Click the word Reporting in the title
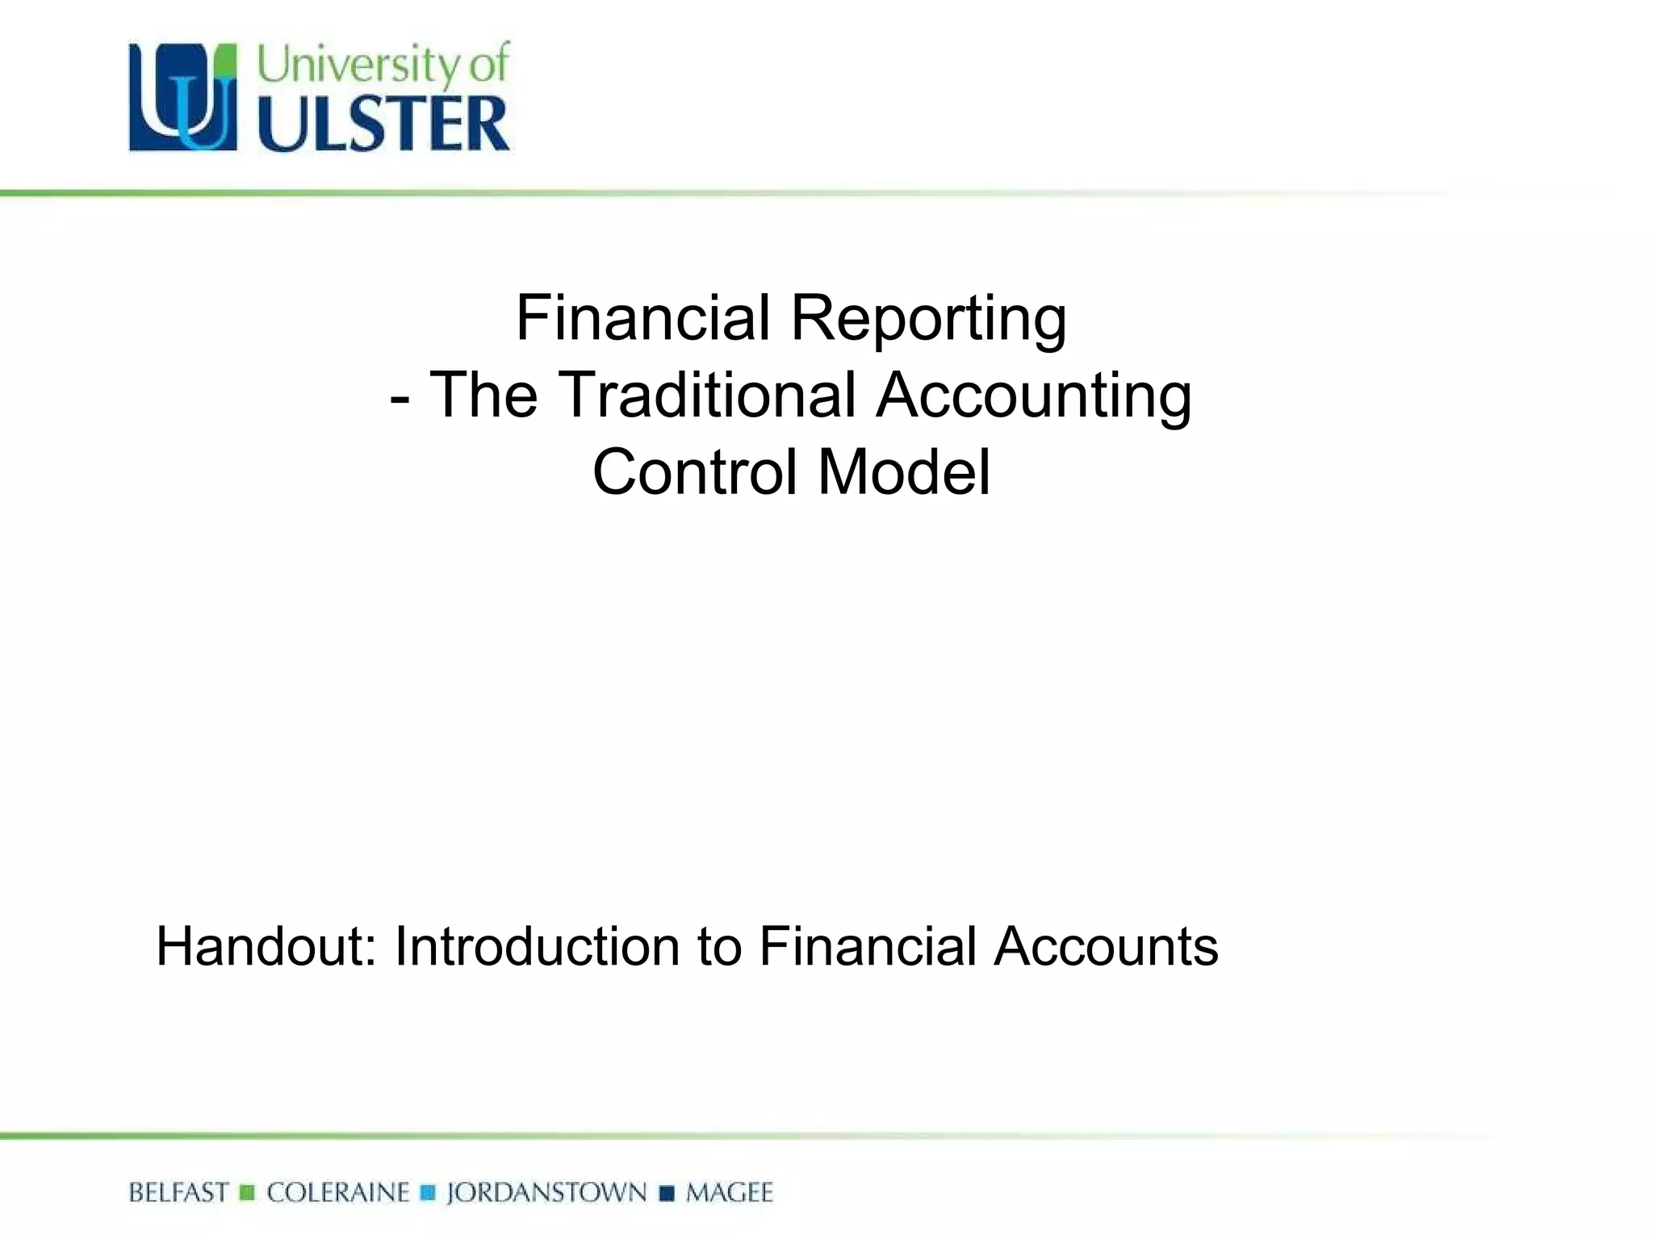pos(928,320)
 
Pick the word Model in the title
pos(904,472)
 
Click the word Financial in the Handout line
pos(868,946)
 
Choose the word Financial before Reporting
pos(643,318)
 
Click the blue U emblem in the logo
pos(183,98)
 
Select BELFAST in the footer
pos(178,1193)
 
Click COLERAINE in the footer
pos(337,1193)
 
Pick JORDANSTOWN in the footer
pos(546,1193)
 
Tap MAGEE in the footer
pos(729,1193)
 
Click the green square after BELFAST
pos(248,1193)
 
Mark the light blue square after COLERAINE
pos(428,1193)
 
